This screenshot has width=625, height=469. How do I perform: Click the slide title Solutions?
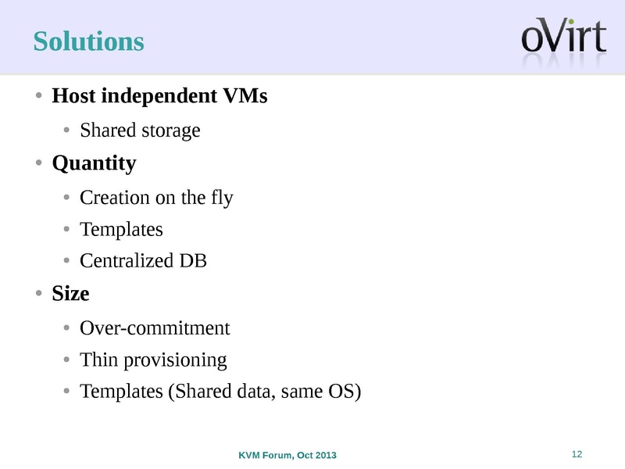[x=88, y=41]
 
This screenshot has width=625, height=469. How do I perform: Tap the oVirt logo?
[x=563, y=38]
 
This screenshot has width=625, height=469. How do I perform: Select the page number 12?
[x=578, y=455]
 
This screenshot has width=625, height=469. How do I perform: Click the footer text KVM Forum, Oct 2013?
[x=287, y=456]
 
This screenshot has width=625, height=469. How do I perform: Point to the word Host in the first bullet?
[x=72, y=97]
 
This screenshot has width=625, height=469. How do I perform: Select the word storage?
[x=170, y=131]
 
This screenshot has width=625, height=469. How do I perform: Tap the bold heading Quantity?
[x=94, y=164]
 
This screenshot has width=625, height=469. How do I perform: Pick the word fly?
[x=222, y=199]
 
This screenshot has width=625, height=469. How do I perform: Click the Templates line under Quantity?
[x=121, y=230]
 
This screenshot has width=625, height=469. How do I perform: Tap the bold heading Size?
[x=70, y=295]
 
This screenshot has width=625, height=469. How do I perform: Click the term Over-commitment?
[x=155, y=328]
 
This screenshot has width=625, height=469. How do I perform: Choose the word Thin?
[x=96, y=360]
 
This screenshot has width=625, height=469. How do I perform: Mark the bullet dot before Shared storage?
[x=68, y=131]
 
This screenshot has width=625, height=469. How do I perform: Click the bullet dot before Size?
[x=38, y=295]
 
